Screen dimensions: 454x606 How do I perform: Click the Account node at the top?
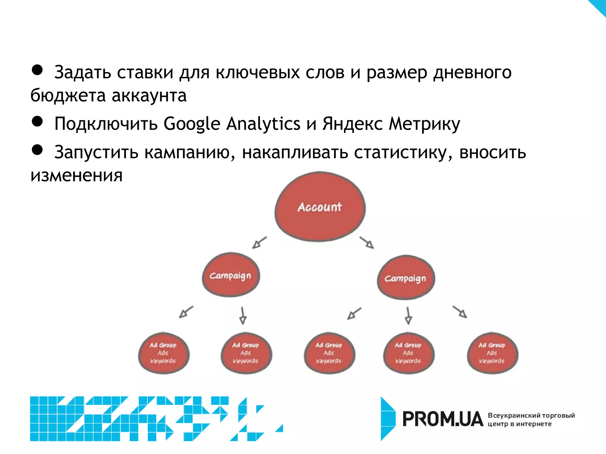tap(320, 207)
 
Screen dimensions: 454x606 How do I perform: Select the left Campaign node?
tap(231, 275)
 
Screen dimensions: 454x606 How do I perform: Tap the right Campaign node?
tap(406, 278)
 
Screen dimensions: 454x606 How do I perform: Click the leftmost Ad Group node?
tap(163, 353)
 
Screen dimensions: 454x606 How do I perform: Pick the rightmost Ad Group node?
tap(492, 353)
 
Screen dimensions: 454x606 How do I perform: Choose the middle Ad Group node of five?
tap(329, 353)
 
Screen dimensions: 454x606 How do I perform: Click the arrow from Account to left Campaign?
tap(259, 243)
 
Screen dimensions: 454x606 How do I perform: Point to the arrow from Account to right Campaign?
tap(367, 243)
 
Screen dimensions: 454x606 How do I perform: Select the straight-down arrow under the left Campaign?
tap(243, 316)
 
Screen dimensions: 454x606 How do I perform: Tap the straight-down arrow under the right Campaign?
tap(408, 316)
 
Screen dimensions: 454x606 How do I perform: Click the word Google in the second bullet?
tap(192, 124)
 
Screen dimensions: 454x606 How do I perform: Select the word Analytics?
tap(263, 124)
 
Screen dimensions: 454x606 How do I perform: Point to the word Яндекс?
tap(352, 124)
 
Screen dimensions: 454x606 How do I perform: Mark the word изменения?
tap(76, 176)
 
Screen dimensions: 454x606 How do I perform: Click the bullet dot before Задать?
tap(37, 70)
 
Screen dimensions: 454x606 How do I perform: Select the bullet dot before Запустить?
tap(37, 150)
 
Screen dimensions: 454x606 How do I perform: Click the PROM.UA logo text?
tap(443, 419)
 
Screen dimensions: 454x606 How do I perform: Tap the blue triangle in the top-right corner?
tap(599, 6)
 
